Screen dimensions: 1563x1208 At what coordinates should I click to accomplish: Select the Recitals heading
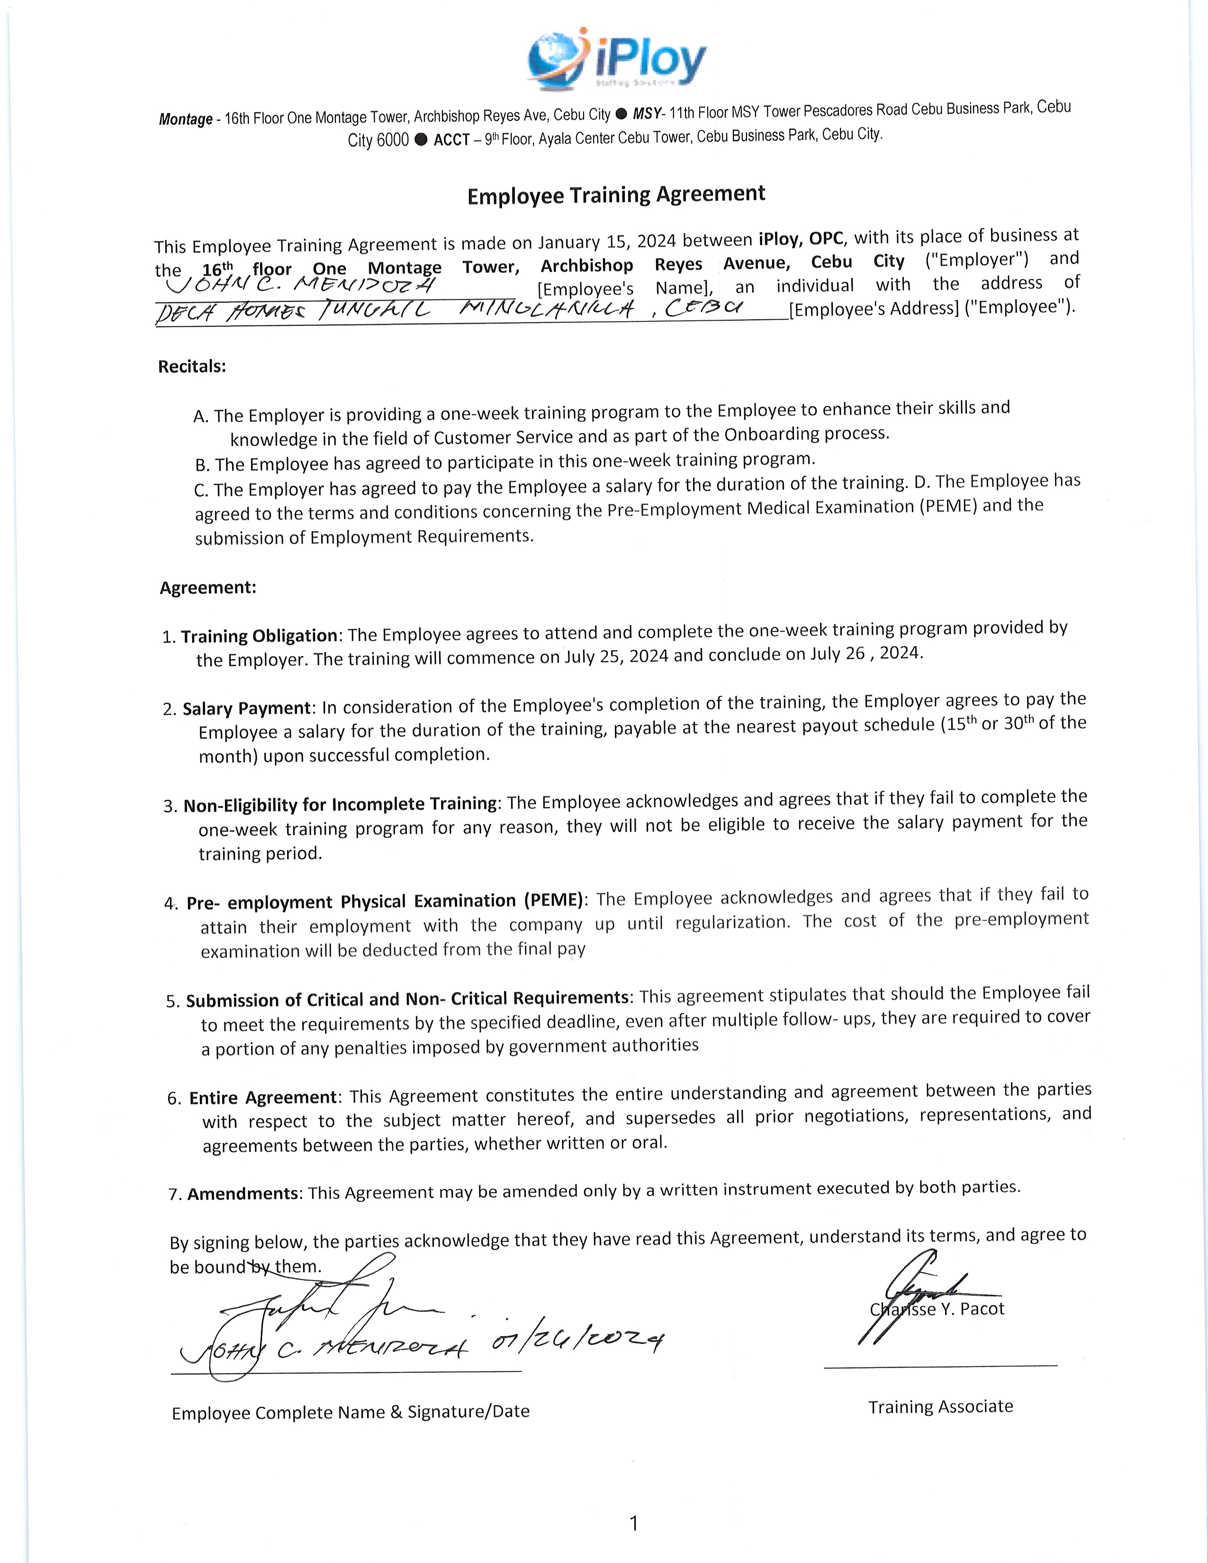[x=192, y=367]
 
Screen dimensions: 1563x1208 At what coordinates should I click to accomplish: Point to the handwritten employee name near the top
[x=300, y=286]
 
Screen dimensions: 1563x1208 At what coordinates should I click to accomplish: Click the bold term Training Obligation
[x=259, y=636]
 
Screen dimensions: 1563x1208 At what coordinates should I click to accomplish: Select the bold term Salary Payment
[x=246, y=709]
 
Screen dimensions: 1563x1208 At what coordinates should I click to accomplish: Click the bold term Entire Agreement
[x=262, y=1098]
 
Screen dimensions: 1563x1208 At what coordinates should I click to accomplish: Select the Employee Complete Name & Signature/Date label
[x=351, y=1412]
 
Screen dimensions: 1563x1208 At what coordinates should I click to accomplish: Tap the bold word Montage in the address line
[x=185, y=119]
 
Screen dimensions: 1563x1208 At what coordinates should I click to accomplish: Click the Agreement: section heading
[x=207, y=588]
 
